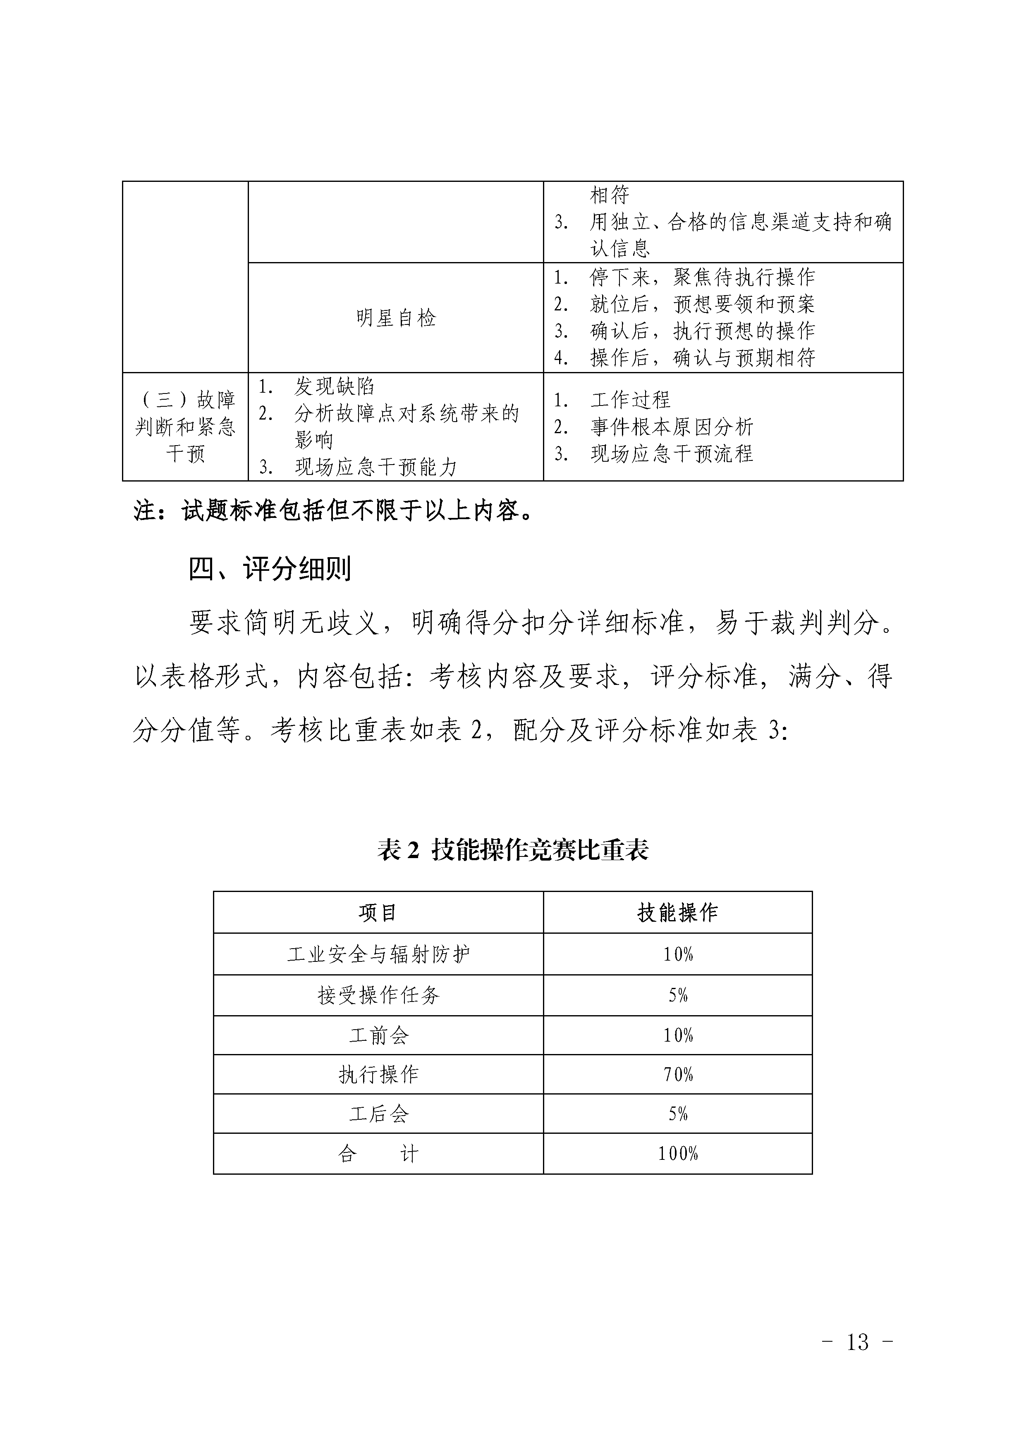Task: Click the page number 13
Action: point(857,1358)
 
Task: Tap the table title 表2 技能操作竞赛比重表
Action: point(512,851)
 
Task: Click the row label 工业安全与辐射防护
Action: point(378,954)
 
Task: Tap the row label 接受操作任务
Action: point(378,995)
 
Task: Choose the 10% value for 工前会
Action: point(677,1035)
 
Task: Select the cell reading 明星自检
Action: point(395,318)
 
